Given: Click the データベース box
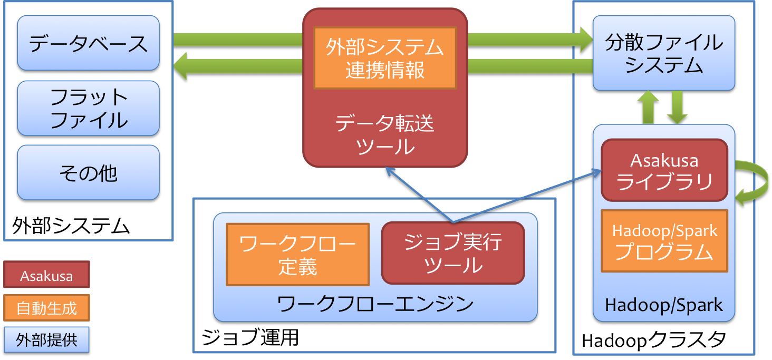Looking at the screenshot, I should [88, 43].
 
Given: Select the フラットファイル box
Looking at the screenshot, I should [88, 109].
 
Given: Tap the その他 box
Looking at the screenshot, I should [88, 173].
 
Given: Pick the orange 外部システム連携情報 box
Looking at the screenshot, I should [385, 58].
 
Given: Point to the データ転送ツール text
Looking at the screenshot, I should [385, 135].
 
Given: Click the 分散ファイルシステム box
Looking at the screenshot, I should [663, 53].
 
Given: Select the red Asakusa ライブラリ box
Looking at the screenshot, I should [664, 170].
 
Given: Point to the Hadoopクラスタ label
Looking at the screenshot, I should [653, 340].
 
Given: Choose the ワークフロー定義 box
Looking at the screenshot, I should [297, 255].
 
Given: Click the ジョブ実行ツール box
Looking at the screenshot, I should [453, 253].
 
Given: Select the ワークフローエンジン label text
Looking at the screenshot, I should [375, 304].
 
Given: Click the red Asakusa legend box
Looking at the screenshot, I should [46, 275].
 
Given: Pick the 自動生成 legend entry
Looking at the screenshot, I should [46, 308].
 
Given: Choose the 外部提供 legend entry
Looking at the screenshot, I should [46, 340].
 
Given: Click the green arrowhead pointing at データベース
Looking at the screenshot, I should [181, 66].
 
